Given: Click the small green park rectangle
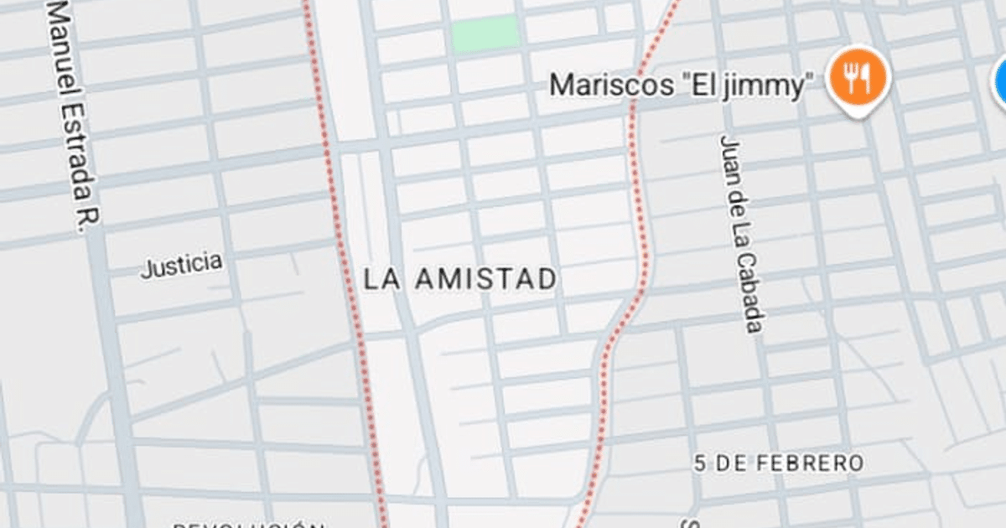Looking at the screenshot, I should (x=484, y=34).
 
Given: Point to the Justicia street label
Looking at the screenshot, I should (x=182, y=265).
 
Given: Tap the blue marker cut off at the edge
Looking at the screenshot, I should (x=1000, y=80).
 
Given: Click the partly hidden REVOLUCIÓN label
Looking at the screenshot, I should (x=248, y=525).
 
